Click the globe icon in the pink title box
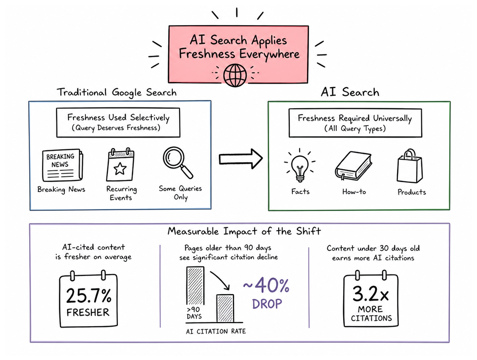coord(235,75)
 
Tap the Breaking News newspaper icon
coord(62,165)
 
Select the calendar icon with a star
coord(120,165)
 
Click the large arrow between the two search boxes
coord(241,159)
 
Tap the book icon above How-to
coord(354,166)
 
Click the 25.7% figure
coord(89,296)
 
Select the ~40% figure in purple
coord(266,286)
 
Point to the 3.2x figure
coord(371,294)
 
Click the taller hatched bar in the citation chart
coord(195,286)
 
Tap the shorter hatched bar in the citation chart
coord(225,308)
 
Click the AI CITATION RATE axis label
coord(216,331)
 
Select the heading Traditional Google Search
coord(117,92)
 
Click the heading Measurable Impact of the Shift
coord(244,231)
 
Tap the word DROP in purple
coord(267,304)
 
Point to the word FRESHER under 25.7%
coord(88,312)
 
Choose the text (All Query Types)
coord(355,129)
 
